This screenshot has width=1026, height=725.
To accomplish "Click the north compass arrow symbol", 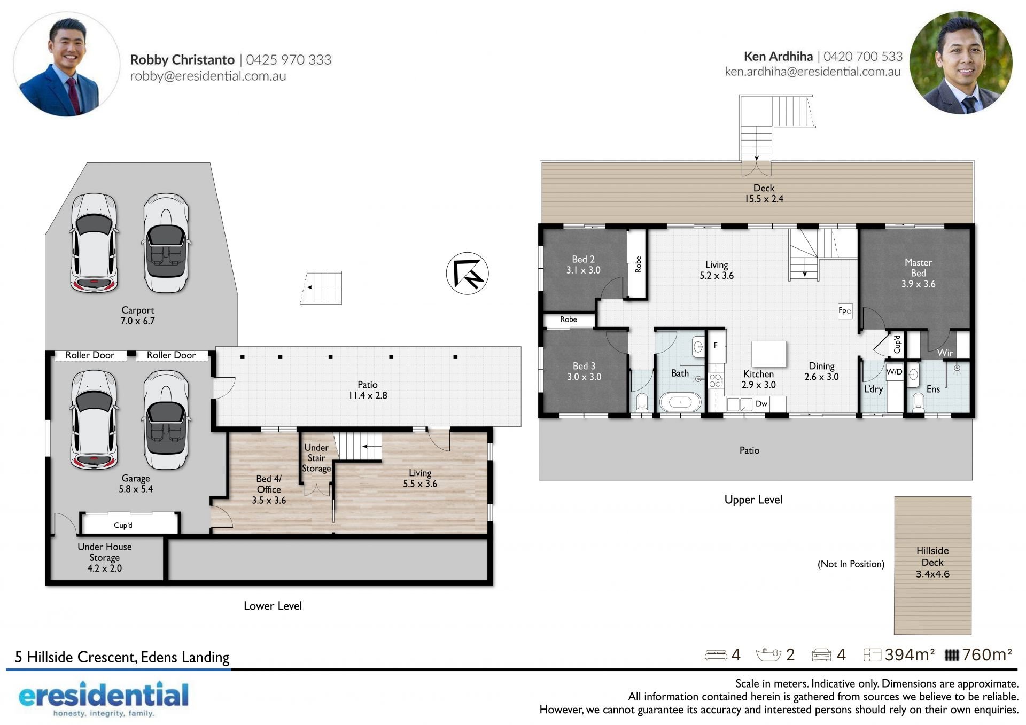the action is click(468, 274).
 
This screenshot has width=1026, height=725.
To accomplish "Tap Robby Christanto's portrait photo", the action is click(66, 64).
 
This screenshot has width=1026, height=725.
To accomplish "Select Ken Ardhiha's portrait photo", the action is click(961, 63).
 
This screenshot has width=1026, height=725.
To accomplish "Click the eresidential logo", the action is click(104, 698).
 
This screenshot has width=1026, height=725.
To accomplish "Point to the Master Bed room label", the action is click(919, 273).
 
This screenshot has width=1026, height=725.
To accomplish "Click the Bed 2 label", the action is click(584, 264).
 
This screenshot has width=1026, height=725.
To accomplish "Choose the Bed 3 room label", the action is click(584, 371).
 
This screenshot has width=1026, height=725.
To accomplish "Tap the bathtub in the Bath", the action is click(680, 402).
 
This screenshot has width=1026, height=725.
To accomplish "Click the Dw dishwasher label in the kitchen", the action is click(761, 403).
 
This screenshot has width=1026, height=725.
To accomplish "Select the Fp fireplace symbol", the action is click(845, 311).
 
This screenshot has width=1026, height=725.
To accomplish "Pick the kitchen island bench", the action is click(769, 354).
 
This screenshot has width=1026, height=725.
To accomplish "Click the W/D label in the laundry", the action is click(894, 371).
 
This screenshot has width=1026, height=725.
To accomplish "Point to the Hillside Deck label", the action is click(932, 562).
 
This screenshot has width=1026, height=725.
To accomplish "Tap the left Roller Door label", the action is click(90, 355).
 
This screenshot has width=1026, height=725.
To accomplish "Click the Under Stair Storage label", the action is click(316, 458).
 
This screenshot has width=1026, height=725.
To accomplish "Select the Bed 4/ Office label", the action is click(269, 489).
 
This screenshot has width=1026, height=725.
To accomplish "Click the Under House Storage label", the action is click(105, 557).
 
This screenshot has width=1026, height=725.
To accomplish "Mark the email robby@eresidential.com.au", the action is click(208, 76).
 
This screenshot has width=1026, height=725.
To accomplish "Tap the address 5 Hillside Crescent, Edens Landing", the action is click(122, 657).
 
